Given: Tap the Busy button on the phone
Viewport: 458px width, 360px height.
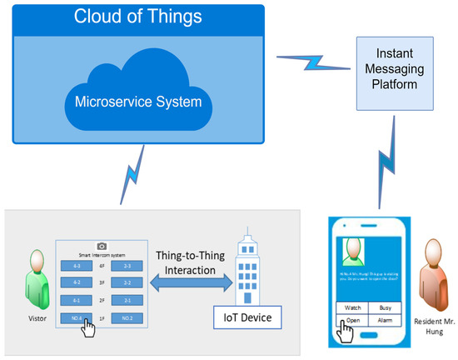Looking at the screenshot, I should tap(384, 307).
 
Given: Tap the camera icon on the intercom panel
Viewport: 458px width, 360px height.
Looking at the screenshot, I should tap(102, 247).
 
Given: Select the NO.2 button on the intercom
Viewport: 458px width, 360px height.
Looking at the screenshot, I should tap(127, 317).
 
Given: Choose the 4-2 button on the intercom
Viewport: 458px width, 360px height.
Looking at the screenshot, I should tap(76, 282).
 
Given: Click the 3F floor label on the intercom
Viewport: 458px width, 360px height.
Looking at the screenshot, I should tap(102, 282).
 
